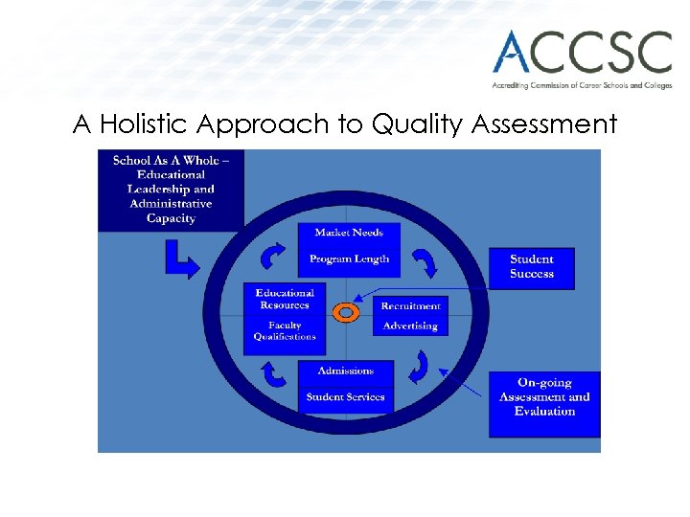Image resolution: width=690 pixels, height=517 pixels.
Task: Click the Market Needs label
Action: click(x=349, y=233)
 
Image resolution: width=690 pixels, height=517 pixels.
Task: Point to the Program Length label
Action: click(x=349, y=258)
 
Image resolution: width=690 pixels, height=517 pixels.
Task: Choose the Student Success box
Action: click(x=531, y=267)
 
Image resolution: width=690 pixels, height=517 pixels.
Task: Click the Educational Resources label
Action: click(x=285, y=299)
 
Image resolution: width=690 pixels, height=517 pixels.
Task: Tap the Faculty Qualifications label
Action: click(x=285, y=331)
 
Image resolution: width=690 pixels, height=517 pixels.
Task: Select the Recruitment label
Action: click(x=410, y=306)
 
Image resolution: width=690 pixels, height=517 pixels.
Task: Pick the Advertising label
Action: click(x=410, y=326)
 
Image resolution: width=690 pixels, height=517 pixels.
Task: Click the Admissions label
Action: click(x=345, y=371)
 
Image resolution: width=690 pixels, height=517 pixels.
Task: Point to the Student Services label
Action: click(x=345, y=396)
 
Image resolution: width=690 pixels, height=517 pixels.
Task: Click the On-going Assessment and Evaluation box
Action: click(x=543, y=397)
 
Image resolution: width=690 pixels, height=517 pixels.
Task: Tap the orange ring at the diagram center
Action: click(x=346, y=312)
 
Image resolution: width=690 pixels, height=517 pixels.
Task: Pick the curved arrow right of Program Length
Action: click(x=423, y=260)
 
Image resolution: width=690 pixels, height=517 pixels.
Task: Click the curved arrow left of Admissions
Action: click(x=274, y=372)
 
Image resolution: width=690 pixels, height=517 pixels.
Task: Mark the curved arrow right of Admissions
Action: click(x=419, y=367)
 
